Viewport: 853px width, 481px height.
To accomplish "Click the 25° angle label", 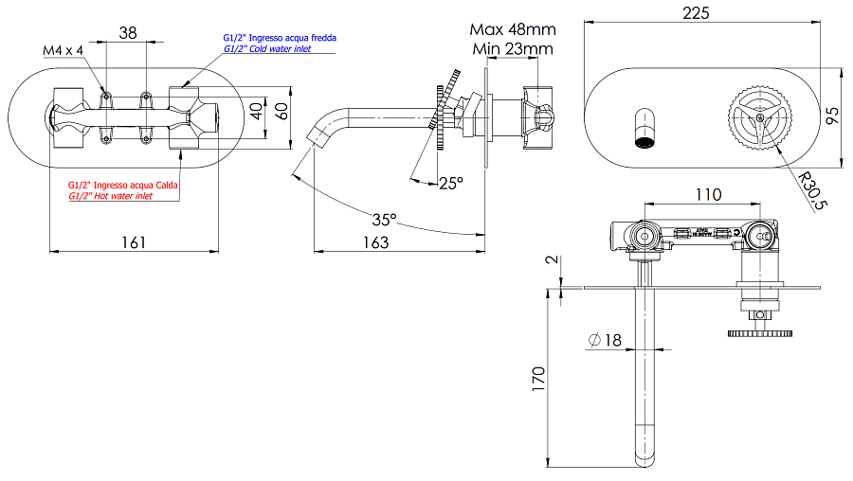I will tap(452, 182).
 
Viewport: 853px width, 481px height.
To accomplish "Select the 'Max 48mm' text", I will tap(513, 30).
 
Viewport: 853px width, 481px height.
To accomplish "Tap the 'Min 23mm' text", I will tap(513, 48).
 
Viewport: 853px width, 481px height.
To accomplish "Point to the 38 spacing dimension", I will tap(127, 31).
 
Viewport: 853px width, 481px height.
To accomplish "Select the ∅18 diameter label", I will tap(605, 340).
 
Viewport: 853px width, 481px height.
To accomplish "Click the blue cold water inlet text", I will tap(274, 43).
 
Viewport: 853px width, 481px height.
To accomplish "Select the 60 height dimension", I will tap(281, 111).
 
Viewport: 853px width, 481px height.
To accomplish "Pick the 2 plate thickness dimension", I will tap(551, 258).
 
